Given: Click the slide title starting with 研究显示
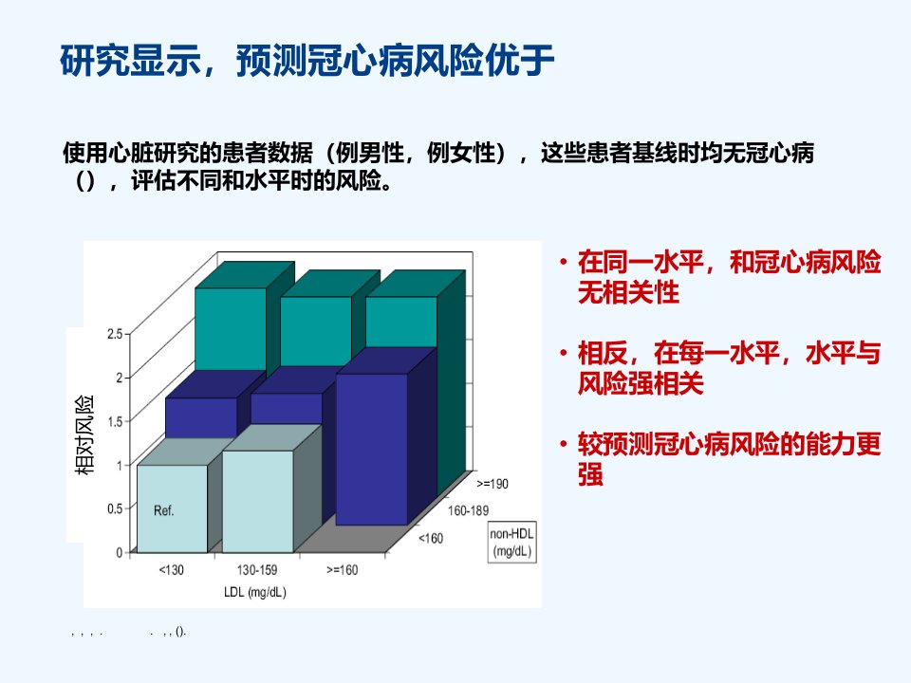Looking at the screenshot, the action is [x=307, y=60].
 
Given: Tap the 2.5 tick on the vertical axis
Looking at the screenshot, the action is [x=115, y=334].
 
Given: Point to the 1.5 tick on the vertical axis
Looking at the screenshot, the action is [x=115, y=421].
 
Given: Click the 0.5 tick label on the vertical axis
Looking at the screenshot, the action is [x=115, y=508].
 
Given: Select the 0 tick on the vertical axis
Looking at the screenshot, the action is [x=120, y=552].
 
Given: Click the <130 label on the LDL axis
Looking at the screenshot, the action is [x=172, y=570].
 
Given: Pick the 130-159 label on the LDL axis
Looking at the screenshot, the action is [x=257, y=570].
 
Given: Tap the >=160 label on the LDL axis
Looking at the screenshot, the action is [x=343, y=570].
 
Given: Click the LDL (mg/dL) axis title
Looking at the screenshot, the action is [x=255, y=592].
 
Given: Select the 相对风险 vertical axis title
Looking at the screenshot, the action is [x=84, y=435].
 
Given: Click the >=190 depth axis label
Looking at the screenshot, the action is [x=493, y=484].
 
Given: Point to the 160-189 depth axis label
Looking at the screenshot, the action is [x=468, y=510].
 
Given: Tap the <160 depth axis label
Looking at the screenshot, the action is [x=431, y=539].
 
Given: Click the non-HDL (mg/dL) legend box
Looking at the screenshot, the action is [x=511, y=543].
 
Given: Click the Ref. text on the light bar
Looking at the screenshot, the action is [x=163, y=510].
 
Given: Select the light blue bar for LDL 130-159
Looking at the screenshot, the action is [x=258, y=501].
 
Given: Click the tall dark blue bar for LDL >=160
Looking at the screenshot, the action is [x=372, y=450].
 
